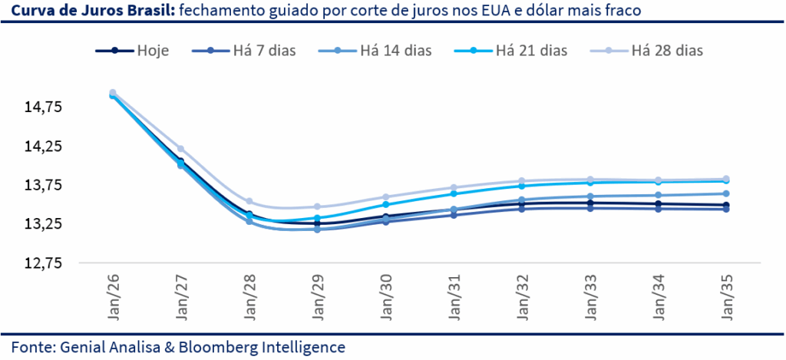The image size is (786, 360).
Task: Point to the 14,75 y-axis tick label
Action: [x=44, y=107]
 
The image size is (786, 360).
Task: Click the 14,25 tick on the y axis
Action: [x=44, y=146]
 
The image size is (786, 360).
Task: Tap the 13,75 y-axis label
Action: [x=44, y=185]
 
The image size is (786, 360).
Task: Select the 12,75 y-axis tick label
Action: [x=44, y=263]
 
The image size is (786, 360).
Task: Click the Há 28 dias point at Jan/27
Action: [x=181, y=148]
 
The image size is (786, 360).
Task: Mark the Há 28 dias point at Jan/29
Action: [x=318, y=206]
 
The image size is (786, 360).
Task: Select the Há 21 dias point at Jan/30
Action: [x=386, y=204]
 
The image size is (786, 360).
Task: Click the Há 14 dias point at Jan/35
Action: [x=727, y=193]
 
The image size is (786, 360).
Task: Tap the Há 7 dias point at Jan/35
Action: [x=727, y=209]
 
